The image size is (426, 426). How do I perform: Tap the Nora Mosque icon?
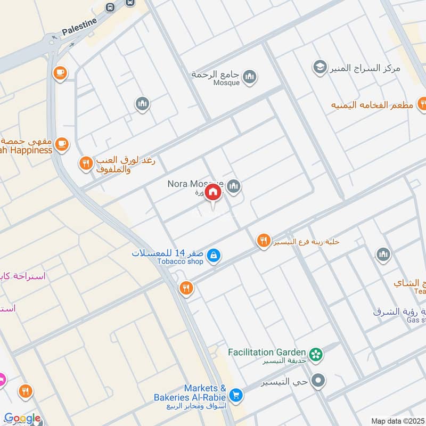[233, 186]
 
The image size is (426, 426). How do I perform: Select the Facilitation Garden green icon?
[316, 354]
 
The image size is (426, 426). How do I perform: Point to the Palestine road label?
[79, 27]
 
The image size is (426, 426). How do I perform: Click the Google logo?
[22, 419]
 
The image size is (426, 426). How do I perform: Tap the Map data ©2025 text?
[396, 421]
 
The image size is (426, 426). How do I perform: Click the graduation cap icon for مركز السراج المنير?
[319, 67]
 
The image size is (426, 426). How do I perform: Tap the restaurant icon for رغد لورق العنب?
[85, 163]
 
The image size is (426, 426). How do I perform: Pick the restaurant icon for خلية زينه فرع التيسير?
[264, 241]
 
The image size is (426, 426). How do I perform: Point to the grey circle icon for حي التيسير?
[318, 381]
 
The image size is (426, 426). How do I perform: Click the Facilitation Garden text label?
[267, 353]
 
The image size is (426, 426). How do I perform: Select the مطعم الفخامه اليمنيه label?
[372, 104]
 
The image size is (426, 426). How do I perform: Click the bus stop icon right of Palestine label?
[110, 7]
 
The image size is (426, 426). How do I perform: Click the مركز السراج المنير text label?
[363, 68]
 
